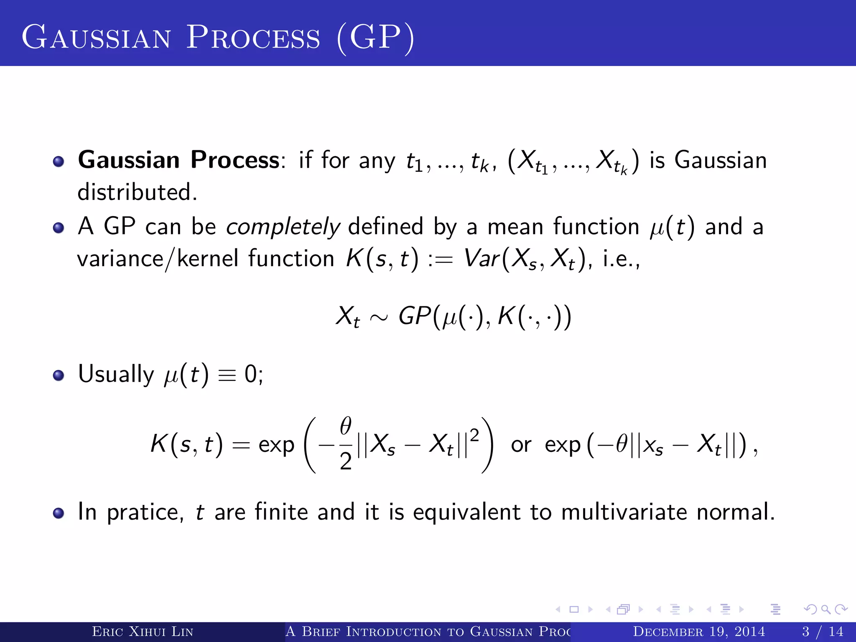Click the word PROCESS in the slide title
coord(253,38)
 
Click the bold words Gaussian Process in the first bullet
coord(179,160)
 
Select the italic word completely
coord(283,227)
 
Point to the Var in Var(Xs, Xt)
coord(481,259)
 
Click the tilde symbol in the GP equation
coord(379,318)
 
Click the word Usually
coord(116,374)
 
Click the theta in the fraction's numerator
coord(345,426)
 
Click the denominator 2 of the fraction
coord(345,462)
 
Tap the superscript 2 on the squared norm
coord(474,436)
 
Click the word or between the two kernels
coord(521,445)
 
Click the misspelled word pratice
coord(145,512)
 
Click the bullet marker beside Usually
coord(59,375)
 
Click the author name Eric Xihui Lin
coord(143,632)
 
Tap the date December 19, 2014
coord(699,632)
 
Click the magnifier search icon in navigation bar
coord(825,609)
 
